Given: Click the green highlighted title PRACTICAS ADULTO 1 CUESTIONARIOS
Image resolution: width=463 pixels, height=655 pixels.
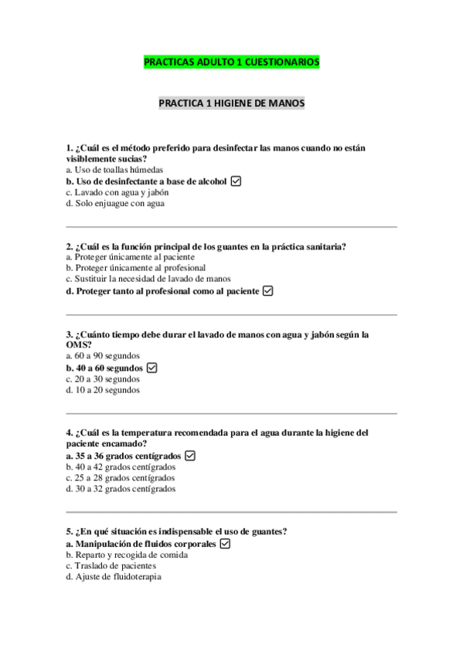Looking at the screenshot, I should (231, 62).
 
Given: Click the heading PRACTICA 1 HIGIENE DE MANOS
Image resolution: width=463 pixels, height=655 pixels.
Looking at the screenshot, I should (231, 103).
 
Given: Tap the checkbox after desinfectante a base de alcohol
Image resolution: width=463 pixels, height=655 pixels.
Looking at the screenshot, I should (237, 181).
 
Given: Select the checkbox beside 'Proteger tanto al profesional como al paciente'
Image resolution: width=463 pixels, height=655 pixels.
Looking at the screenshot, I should (268, 291).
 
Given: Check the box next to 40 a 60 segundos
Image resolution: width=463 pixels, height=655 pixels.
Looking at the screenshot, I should (151, 368).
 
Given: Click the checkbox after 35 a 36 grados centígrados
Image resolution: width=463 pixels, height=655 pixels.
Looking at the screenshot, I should (190, 456).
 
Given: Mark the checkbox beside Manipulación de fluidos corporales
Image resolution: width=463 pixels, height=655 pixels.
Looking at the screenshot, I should (225, 544).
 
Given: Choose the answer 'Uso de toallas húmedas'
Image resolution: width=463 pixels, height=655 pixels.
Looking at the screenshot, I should (114, 170).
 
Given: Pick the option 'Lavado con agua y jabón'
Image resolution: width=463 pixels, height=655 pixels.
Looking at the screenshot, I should (117, 192).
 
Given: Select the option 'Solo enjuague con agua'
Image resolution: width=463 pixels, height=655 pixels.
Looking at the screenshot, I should (115, 204).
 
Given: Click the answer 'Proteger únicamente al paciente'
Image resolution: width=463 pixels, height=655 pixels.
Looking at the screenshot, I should (131, 257).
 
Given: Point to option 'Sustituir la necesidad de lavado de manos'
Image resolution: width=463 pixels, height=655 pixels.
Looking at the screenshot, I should (148, 279).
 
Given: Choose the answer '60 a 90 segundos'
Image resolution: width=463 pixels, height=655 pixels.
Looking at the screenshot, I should (103, 356).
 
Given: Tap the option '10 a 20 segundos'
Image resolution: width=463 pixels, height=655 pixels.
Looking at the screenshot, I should (103, 390).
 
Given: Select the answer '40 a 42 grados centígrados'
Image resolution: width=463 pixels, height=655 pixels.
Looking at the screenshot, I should (121, 467).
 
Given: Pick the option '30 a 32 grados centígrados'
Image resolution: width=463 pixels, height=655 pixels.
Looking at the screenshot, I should (121, 488).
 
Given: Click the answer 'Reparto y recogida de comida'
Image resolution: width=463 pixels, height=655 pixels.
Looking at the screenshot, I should (127, 555).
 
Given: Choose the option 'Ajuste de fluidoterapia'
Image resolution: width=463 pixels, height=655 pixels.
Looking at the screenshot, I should (114, 576).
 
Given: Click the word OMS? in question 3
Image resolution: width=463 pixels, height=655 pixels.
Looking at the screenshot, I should (79, 344).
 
